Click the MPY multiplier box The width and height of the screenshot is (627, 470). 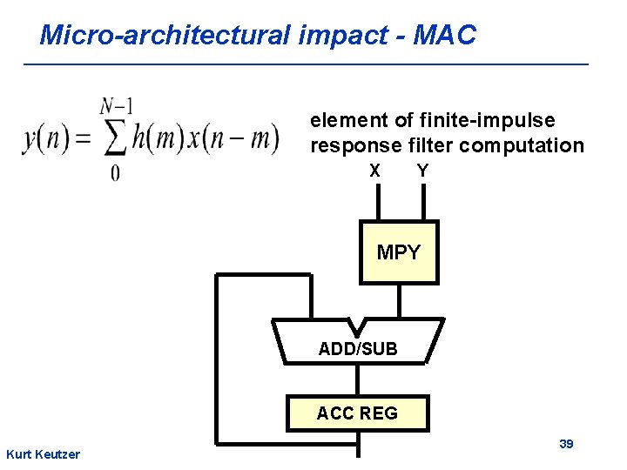pos(399,252)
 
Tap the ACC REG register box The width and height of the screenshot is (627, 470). pos(357,413)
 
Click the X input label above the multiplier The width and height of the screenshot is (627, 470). pos(374,171)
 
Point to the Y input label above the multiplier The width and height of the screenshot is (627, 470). pos(422,171)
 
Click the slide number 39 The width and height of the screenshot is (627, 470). pos(566,444)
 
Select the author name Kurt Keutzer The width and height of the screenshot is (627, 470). pos(43,454)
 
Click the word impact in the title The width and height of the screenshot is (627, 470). pos(334,36)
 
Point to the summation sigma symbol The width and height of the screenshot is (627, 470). pos(118,138)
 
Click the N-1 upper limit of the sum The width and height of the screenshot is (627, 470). pos(117,106)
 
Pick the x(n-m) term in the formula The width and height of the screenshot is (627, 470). pos(240,138)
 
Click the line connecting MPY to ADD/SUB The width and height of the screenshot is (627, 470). pos(400,301)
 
